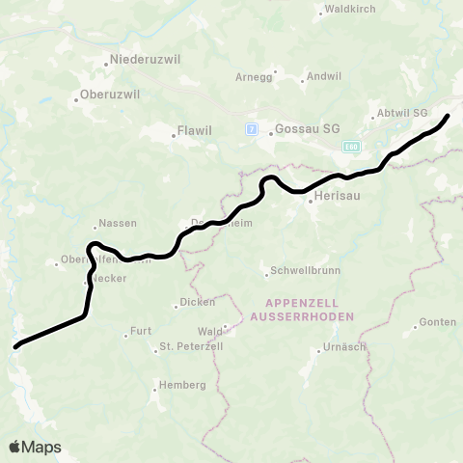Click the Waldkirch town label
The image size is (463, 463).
tap(350, 10)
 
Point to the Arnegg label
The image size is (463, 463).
tap(254, 77)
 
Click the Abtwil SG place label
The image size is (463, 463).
tap(400, 113)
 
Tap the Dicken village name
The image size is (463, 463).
tap(198, 302)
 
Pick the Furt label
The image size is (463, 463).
tap(141, 331)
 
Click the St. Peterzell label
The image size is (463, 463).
tap(191, 345)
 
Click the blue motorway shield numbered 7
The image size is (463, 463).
tap(251, 129)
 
